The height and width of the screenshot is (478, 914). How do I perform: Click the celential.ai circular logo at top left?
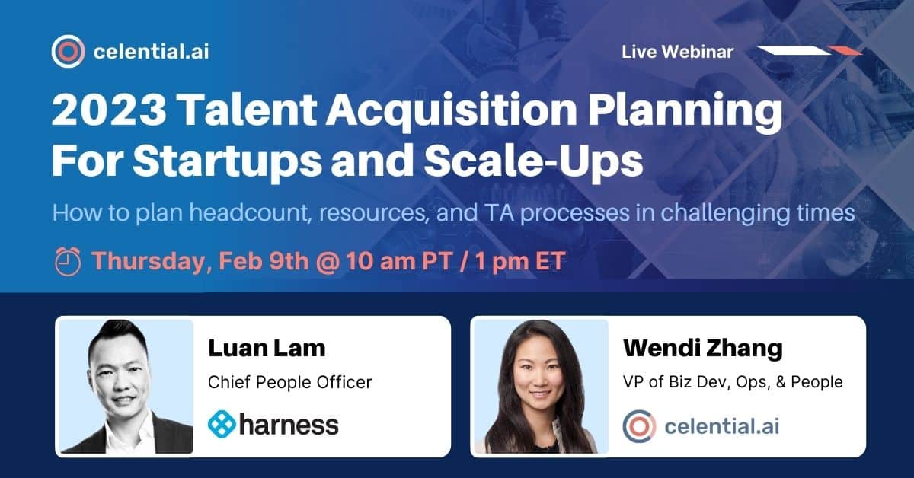[68, 52]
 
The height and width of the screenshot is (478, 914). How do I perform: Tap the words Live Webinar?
[677, 52]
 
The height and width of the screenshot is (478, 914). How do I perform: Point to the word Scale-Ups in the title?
[557, 161]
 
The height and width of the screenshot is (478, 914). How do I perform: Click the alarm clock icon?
[68, 262]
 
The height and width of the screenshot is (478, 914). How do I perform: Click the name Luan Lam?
[267, 348]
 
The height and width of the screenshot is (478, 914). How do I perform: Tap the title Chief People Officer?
[290, 381]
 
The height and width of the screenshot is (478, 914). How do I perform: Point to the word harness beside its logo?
[289, 424]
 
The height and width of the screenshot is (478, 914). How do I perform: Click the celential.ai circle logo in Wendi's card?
[638, 425]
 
